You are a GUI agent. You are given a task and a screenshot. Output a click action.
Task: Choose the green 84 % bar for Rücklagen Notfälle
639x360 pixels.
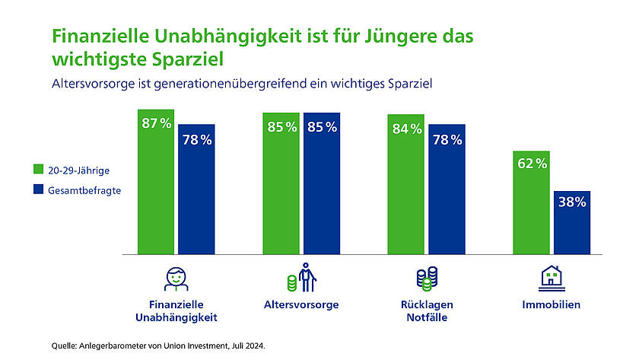click(x=406, y=190)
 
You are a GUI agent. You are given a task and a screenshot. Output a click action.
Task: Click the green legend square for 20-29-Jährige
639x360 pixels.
click(x=37, y=170)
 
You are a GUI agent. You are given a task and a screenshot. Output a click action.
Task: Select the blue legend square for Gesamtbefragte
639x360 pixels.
click(x=37, y=190)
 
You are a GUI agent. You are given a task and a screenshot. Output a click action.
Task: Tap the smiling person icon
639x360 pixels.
click(x=176, y=279)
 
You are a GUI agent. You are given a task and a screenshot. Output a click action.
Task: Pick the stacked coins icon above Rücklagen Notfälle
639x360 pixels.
click(x=426, y=279)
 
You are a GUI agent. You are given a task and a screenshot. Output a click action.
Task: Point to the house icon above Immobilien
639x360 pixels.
click(x=551, y=278)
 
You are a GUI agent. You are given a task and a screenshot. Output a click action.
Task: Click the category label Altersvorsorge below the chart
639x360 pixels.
click(x=301, y=305)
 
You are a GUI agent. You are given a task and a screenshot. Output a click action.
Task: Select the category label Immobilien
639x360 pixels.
click(x=551, y=305)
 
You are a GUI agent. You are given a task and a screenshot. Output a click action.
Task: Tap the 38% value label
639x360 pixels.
click(x=572, y=202)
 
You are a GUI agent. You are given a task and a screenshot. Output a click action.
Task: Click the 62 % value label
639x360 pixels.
click(x=531, y=163)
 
